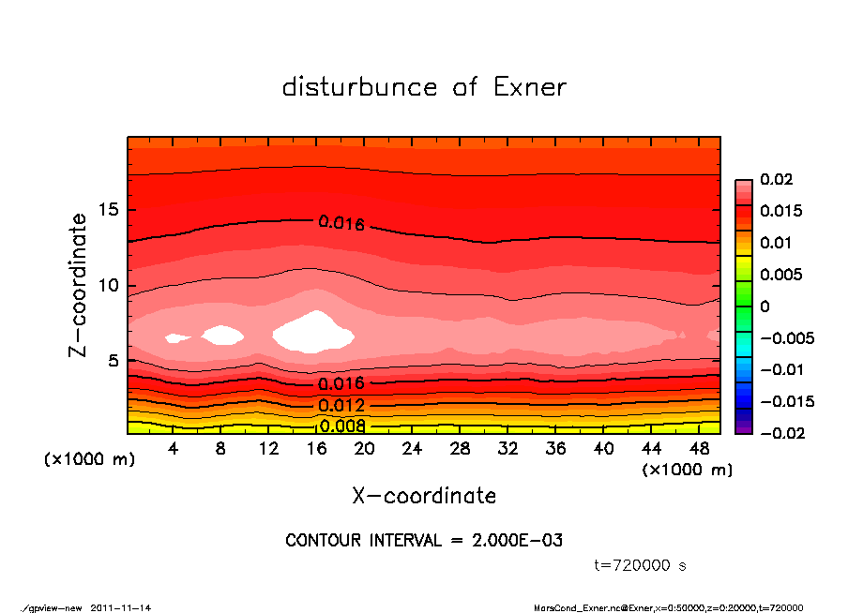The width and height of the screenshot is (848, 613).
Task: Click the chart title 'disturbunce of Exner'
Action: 424,88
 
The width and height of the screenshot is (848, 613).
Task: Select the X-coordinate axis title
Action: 424,496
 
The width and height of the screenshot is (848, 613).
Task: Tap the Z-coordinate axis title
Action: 79,285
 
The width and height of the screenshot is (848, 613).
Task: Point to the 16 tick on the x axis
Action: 316,449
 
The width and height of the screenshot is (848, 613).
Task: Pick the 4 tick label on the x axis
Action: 173,449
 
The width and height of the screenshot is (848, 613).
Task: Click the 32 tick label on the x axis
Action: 507,449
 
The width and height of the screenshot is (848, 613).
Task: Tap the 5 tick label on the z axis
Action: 113,361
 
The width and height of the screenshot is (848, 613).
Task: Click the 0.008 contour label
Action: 341,426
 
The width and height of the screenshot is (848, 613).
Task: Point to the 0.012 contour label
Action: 341,406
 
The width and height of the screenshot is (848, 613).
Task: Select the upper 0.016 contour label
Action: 341,223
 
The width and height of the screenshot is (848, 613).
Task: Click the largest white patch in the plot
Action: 313,333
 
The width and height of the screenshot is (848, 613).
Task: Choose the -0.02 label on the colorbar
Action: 778,433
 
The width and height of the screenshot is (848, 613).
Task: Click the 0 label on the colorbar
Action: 765,306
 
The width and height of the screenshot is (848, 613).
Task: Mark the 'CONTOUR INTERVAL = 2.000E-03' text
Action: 424,541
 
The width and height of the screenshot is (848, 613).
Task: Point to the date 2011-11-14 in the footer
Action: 121,607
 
